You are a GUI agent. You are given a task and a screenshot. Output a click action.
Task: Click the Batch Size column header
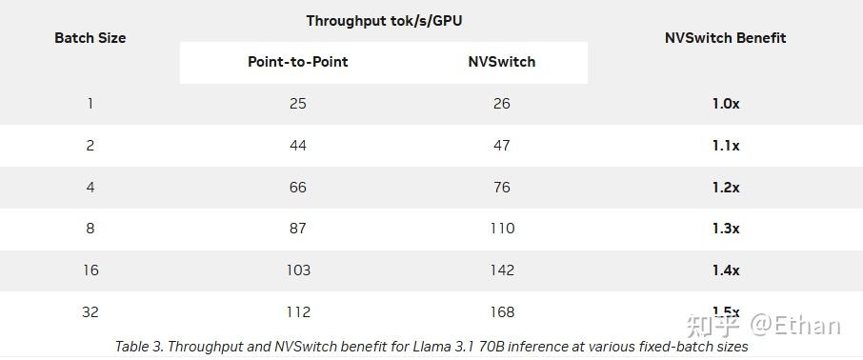tap(90, 38)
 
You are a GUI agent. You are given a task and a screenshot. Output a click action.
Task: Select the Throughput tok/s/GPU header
tap(384, 20)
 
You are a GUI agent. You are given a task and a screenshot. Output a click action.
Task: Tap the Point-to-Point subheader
tap(298, 62)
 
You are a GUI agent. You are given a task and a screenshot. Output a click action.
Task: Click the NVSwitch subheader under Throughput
tap(502, 62)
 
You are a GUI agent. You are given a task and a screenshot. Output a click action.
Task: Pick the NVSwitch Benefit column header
tap(726, 38)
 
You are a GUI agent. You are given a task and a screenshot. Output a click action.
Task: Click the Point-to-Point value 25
tap(298, 104)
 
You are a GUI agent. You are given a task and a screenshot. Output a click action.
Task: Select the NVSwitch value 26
tap(502, 104)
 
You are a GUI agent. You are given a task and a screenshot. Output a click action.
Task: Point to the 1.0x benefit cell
tap(726, 104)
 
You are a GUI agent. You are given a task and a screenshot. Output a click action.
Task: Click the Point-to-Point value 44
tap(298, 146)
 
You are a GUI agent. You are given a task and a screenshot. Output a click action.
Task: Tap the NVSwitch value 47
tap(502, 146)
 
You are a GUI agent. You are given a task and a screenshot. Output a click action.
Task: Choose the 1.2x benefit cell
tap(726, 188)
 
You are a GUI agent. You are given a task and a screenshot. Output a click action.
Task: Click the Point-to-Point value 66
tap(298, 188)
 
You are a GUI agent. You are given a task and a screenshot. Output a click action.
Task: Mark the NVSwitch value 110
tap(502, 229)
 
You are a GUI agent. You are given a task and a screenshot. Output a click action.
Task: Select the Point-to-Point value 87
tap(298, 229)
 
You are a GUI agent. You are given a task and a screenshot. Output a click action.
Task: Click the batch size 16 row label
tap(90, 270)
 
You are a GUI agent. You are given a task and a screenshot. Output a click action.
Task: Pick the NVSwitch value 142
tap(502, 270)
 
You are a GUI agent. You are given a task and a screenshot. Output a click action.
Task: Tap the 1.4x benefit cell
tap(726, 270)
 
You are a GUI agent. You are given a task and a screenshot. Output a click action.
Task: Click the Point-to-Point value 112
tap(298, 312)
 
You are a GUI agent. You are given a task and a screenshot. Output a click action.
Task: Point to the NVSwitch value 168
tap(502, 312)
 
